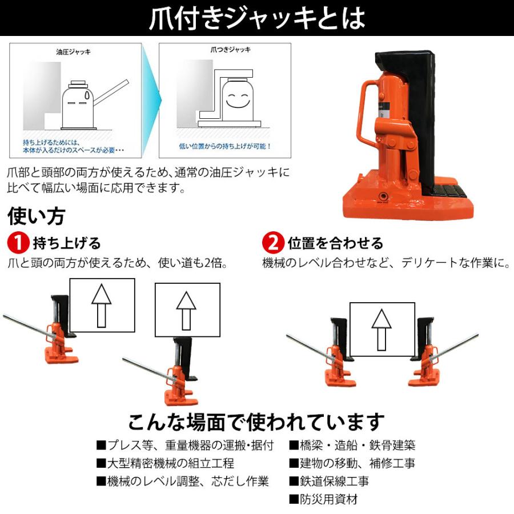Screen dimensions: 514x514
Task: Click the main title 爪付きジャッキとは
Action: coord(256,18)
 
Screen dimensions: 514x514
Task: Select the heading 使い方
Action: coord(36,216)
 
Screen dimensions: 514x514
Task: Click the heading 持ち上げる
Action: coord(67,243)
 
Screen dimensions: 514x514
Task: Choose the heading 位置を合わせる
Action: coord(335,243)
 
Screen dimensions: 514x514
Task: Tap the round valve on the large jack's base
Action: coord(382,197)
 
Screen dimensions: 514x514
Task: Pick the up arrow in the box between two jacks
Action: coord(382,329)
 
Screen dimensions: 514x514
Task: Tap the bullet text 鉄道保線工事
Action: coord(329,481)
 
